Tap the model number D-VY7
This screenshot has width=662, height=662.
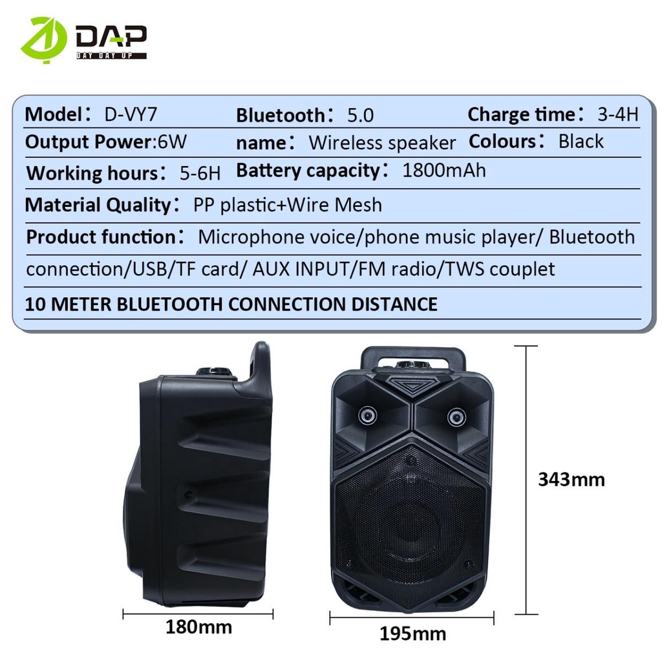pyautogui.click(x=131, y=114)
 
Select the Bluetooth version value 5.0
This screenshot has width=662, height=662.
pyautogui.click(x=361, y=115)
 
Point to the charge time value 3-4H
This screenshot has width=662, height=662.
pyautogui.click(x=617, y=114)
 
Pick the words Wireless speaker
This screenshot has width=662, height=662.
pyautogui.click(x=382, y=142)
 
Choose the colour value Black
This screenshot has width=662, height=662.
pyautogui.click(x=581, y=142)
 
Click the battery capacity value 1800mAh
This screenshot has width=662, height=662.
pyautogui.click(x=443, y=171)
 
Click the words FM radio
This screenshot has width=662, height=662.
pyautogui.click(x=396, y=268)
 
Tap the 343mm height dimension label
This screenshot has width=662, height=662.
pyautogui.click(x=571, y=479)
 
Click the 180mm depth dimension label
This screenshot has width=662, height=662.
pyautogui.click(x=198, y=626)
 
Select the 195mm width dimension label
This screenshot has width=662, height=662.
pyautogui.click(x=413, y=634)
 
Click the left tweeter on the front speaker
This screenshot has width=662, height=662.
pyautogui.click(x=368, y=414)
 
